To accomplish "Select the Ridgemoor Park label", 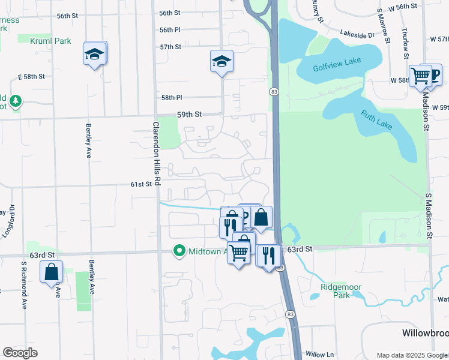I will (x=341, y=291).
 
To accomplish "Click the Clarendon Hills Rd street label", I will (x=156, y=154).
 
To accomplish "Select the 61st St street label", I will (x=141, y=184).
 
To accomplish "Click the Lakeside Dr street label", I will (x=357, y=35).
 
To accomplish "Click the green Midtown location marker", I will (x=179, y=251).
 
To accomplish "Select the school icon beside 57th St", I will (x=221, y=61).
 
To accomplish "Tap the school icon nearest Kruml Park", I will (x=94, y=55).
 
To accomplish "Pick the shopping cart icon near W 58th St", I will (x=420, y=76).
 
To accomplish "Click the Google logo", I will (x=20, y=353).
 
